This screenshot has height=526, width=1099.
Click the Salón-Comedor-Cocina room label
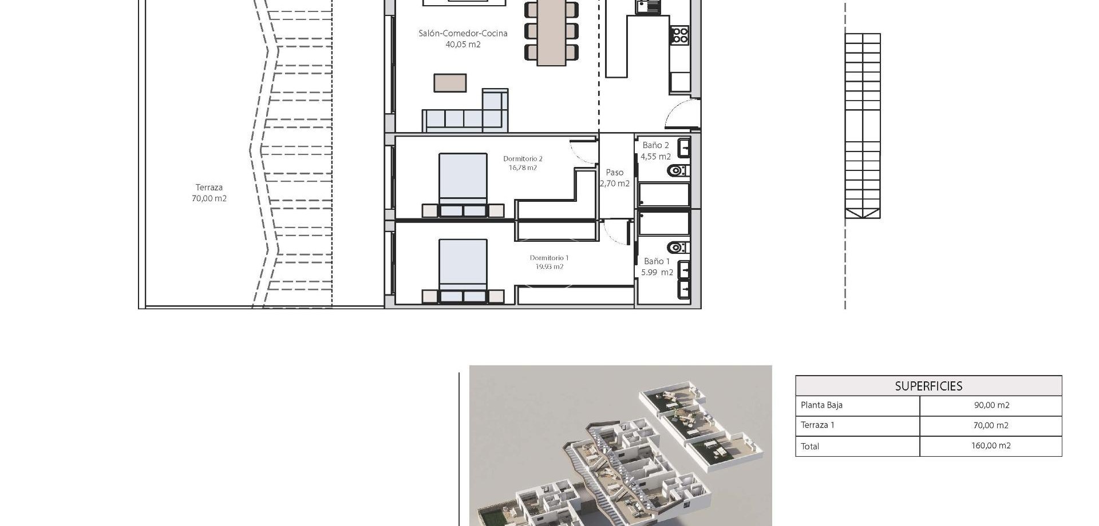[x=462, y=38]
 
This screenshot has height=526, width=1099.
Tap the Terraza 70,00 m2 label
[x=209, y=193]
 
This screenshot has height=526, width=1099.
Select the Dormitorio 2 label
[x=523, y=163]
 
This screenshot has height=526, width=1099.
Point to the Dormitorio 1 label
[x=549, y=262]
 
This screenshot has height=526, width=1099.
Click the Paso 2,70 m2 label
[x=615, y=177]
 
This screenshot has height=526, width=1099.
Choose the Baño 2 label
[x=655, y=150]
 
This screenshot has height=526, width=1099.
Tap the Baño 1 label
[x=657, y=266]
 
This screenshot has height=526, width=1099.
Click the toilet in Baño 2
[x=677, y=170]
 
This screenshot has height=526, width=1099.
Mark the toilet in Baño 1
[x=677, y=248]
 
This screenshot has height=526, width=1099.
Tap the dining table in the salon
[x=551, y=31]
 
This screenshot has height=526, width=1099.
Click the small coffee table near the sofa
[x=450, y=83]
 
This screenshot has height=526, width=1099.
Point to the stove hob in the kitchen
[x=680, y=34]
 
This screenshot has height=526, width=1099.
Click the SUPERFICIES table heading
[x=928, y=386]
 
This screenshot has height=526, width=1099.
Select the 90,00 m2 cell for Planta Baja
[x=991, y=405]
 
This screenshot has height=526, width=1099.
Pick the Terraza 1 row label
[x=817, y=425]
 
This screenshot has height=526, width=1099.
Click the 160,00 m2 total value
[x=991, y=446]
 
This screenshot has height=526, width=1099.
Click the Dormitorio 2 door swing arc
[x=583, y=151]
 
